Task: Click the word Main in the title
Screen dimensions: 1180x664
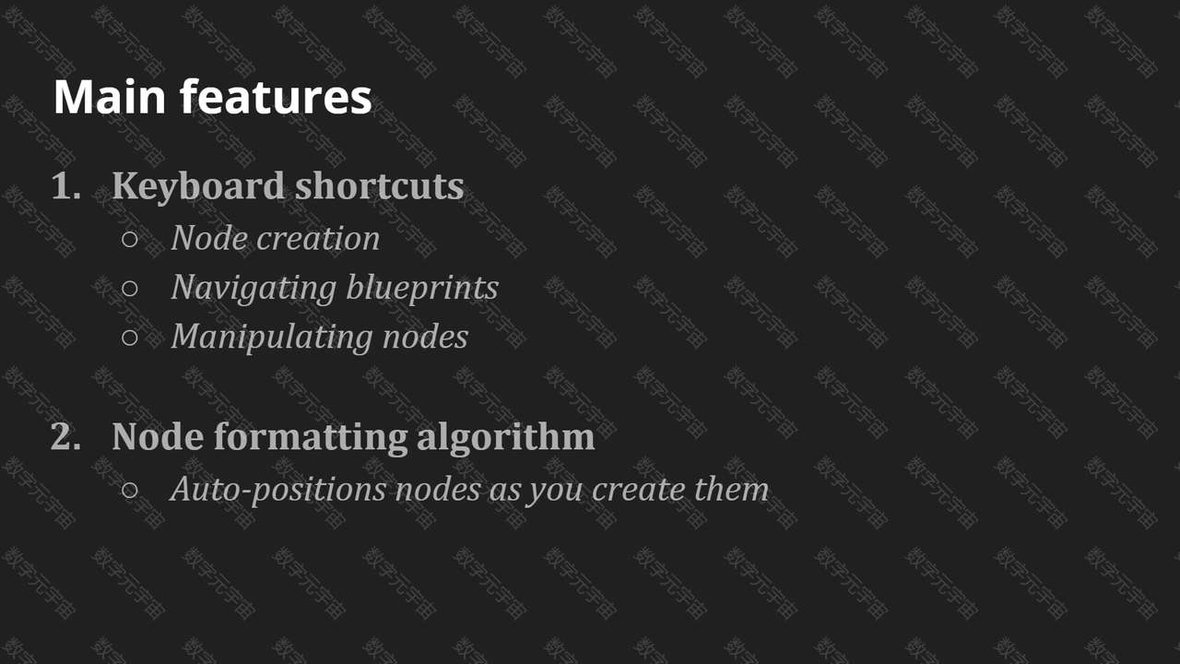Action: (110, 97)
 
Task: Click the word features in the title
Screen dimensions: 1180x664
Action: (276, 96)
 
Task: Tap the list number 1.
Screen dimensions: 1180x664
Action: (66, 185)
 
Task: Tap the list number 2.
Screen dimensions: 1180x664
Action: (65, 436)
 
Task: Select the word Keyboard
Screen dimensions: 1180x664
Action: (198, 187)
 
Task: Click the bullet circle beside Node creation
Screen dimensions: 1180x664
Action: (130, 239)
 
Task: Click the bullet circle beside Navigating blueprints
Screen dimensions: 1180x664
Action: (130, 289)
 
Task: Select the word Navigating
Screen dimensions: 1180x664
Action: (254, 289)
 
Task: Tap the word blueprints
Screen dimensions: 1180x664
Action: (422, 289)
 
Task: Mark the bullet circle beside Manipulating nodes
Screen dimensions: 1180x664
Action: (130, 338)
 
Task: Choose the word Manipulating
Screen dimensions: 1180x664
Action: (272, 338)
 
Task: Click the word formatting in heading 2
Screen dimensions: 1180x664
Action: (311, 438)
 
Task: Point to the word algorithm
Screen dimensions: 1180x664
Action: (506, 438)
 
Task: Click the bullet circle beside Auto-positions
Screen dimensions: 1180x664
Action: (130, 490)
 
